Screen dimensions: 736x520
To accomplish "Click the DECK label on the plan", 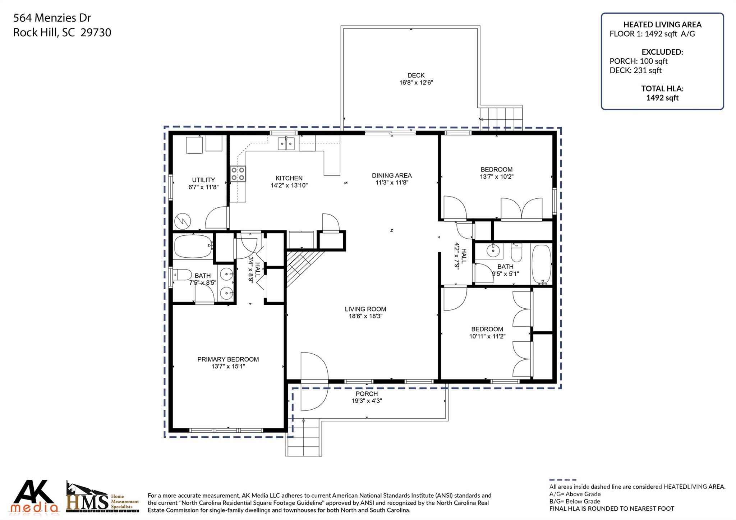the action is tap(416, 75).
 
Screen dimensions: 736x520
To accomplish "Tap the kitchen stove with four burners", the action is tap(238, 174).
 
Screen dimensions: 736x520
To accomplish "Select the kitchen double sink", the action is tap(286, 144).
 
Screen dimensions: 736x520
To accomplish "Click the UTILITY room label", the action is tap(203, 180).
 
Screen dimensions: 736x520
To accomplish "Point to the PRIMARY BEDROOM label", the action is tap(228, 359).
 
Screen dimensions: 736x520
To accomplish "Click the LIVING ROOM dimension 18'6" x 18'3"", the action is tap(365, 316).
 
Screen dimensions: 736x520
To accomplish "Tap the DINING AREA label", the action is tap(392, 175).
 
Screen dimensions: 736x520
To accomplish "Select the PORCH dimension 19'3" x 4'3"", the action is tap(367, 401).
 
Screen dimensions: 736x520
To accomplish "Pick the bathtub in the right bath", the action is tap(541, 264).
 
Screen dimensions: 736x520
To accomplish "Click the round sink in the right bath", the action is tap(493, 250).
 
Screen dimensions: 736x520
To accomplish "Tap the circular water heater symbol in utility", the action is tap(183, 221).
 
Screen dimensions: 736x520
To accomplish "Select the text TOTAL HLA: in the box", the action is tap(662, 88).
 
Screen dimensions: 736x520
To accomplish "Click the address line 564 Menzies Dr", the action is tap(52, 18).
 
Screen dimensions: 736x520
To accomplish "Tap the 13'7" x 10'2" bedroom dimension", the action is tap(497, 177).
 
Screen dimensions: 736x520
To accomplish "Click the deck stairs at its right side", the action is tap(501, 118).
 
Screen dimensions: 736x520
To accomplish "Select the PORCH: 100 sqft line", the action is tap(639, 61).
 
